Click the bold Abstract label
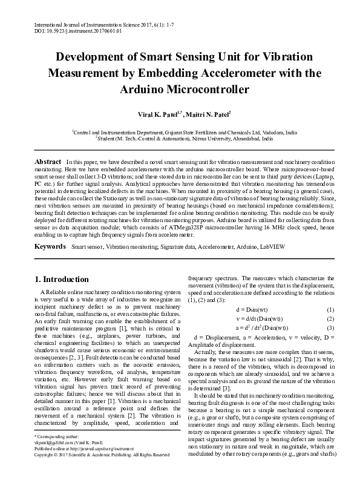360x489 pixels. coord(47,163)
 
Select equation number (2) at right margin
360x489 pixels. coord(330,319)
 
